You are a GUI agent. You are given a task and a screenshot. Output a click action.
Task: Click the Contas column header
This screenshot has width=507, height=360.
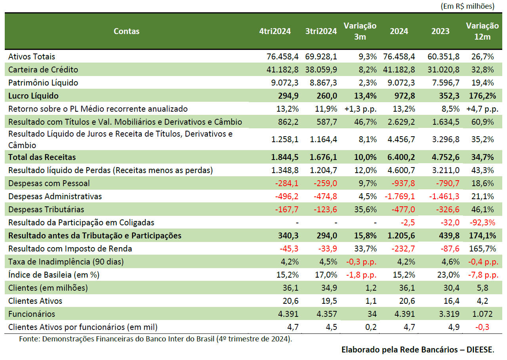[x=126, y=31]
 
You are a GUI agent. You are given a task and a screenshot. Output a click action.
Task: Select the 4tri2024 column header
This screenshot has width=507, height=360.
[x=275, y=31]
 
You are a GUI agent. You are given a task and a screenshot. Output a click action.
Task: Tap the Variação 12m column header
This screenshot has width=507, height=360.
[x=482, y=31]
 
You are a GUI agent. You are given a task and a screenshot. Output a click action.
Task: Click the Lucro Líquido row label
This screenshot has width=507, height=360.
[x=34, y=96]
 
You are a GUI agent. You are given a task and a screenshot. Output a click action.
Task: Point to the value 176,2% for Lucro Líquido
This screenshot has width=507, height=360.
[x=482, y=96]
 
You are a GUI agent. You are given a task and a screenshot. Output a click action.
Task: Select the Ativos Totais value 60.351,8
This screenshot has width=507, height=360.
[x=443, y=57]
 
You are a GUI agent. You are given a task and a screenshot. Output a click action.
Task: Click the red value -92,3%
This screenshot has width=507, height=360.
[x=482, y=223]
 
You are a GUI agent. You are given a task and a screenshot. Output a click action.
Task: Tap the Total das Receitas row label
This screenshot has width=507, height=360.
[x=42, y=157]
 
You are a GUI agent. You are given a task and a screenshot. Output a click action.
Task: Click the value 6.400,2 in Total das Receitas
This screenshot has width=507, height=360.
[x=401, y=157]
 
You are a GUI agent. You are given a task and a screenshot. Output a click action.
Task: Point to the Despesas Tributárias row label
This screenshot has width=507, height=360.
[x=46, y=210]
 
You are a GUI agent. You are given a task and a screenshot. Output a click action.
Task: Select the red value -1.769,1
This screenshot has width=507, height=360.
[x=400, y=196]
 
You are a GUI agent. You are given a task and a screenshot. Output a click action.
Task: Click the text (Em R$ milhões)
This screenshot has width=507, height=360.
[x=468, y=6]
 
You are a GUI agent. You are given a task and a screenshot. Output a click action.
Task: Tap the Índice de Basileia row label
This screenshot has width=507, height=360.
[x=54, y=275]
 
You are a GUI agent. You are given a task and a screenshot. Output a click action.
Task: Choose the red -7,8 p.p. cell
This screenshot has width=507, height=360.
[x=483, y=275]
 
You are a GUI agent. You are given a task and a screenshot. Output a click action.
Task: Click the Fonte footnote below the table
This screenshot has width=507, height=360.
[x=156, y=339]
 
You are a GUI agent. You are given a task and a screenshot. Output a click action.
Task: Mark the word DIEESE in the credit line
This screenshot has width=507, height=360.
[x=480, y=350]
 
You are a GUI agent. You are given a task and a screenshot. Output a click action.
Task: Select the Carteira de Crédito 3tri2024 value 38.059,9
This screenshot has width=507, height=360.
[x=321, y=70]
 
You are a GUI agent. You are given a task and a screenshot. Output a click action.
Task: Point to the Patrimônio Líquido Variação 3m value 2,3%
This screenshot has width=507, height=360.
[x=368, y=83]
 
